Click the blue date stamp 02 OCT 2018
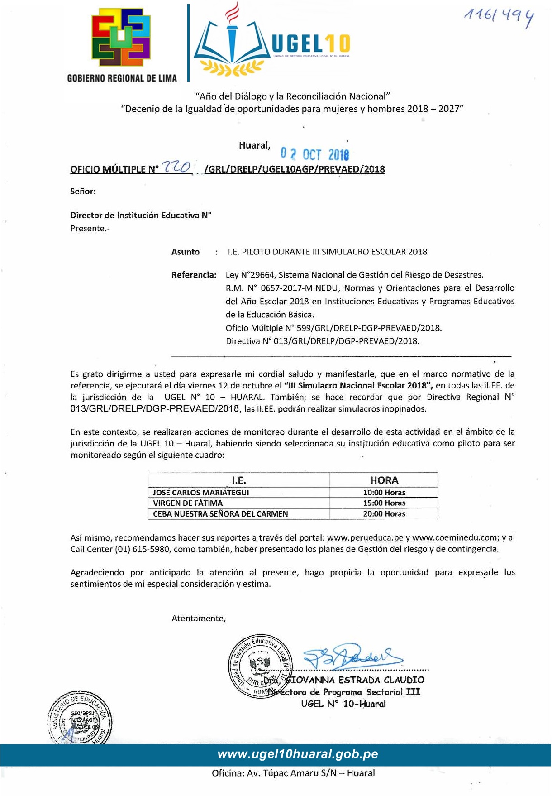point(315,154)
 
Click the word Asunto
point(186,252)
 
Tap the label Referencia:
point(194,275)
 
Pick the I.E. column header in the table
point(238,480)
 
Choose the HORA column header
point(384,480)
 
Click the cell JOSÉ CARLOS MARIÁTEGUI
point(201,493)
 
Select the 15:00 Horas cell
point(384,503)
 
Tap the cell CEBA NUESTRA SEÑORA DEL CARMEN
point(220,514)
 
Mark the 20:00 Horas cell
point(384,514)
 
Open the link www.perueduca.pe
point(365,538)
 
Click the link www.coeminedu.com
point(454,538)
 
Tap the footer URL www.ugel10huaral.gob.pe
point(298,754)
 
